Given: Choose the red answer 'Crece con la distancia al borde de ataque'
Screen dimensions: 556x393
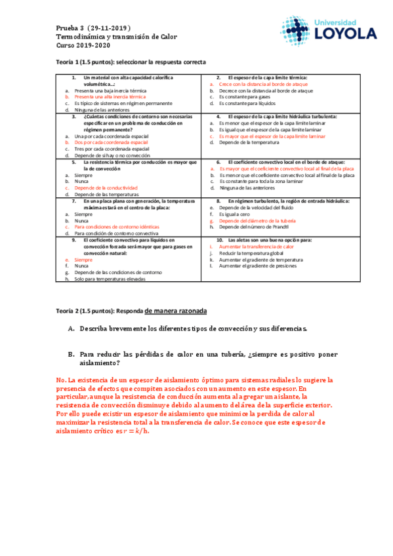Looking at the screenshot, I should click(x=263, y=85).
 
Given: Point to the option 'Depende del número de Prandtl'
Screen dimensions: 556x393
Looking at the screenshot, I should click(x=258, y=227).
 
